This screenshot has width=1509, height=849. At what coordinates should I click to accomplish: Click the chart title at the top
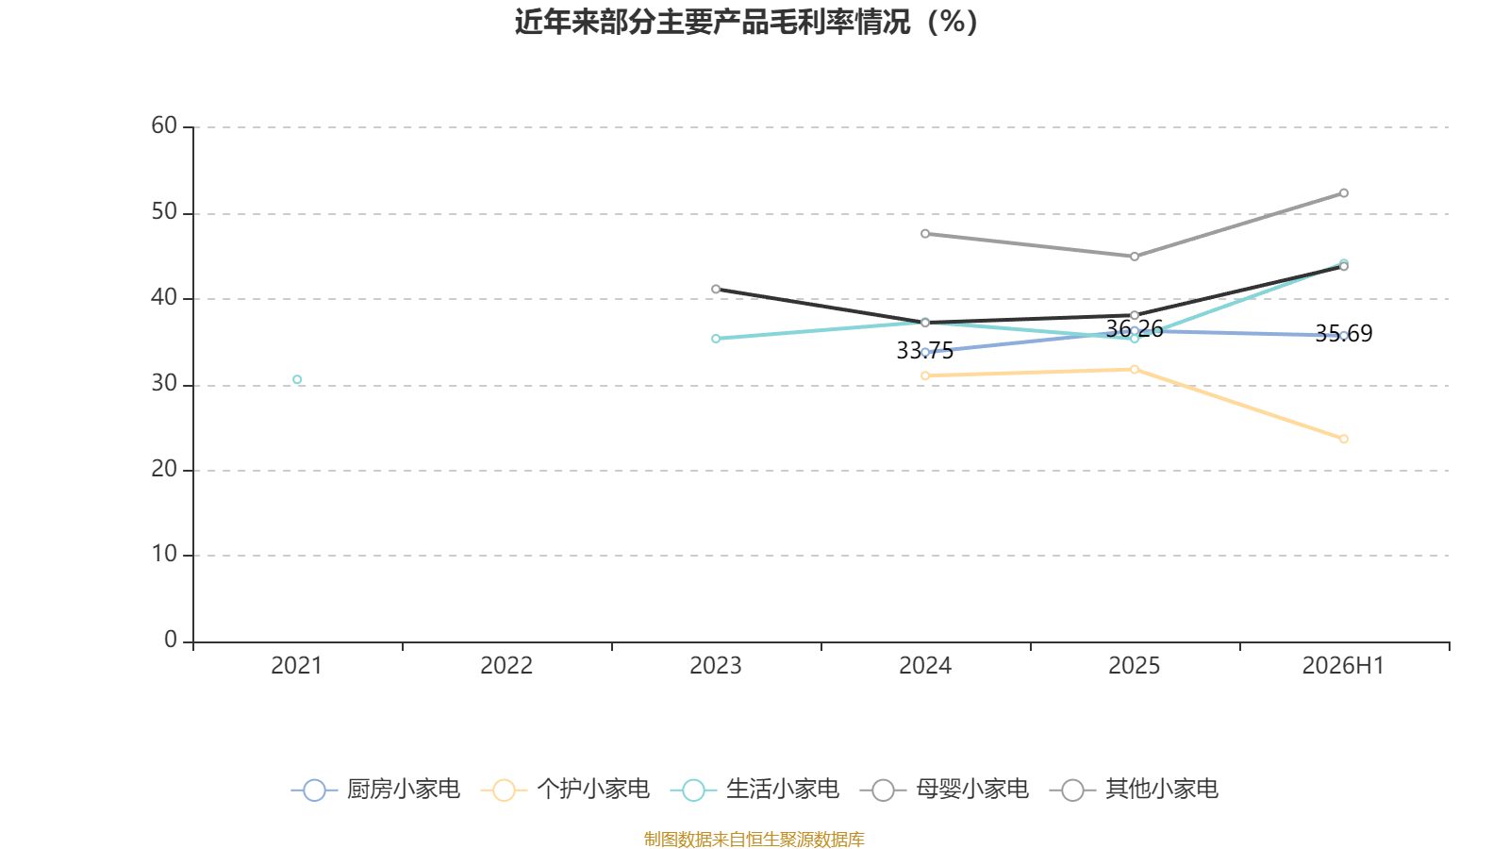coord(746,23)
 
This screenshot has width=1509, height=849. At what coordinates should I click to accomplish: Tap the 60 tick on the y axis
coord(164,125)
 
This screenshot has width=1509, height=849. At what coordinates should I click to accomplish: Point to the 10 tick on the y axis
coord(164,554)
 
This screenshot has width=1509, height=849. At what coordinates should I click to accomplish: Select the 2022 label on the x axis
coord(506,666)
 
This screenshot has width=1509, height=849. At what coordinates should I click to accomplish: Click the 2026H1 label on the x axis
coord(1343,666)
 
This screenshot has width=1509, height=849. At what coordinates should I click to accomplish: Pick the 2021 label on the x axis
coord(296,666)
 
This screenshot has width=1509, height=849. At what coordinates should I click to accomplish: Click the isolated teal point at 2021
coord(297,379)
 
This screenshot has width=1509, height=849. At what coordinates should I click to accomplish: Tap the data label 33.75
coord(925,350)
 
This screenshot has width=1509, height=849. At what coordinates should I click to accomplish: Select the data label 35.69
coord(1343,334)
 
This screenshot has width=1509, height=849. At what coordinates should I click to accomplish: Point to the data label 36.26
coord(1135,329)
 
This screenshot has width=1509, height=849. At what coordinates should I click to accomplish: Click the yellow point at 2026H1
coord(1343,439)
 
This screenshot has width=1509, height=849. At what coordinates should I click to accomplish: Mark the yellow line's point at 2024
coord(925,375)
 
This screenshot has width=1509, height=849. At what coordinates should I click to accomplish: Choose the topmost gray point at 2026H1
coord(1343,192)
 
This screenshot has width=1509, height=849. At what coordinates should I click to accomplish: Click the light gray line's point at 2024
coord(925,234)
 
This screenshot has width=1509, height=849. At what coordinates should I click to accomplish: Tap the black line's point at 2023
coord(716,289)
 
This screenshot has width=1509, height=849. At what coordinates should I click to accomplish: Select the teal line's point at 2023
coord(716,339)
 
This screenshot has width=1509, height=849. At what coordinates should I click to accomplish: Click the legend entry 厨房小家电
coord(375,789)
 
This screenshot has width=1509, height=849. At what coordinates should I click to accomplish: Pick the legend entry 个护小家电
coord(565,789)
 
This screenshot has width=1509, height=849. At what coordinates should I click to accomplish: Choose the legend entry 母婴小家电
coord(944,789)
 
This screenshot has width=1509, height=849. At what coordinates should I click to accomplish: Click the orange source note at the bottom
coord(754,839)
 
